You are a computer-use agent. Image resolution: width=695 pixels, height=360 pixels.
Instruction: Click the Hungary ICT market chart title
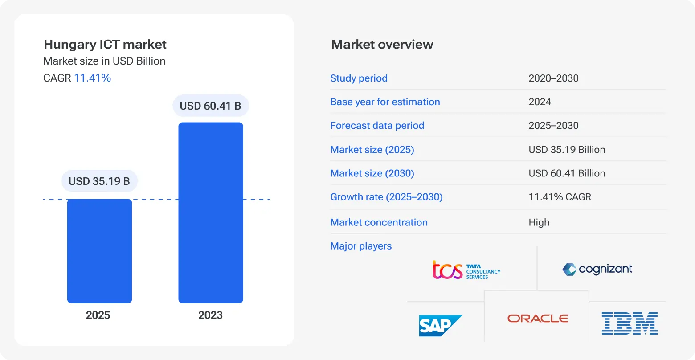click(105, 45)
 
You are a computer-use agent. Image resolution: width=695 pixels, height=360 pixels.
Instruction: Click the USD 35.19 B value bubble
click(99, 181)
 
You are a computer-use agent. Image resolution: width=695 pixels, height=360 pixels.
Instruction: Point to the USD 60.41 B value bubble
click(210, 106)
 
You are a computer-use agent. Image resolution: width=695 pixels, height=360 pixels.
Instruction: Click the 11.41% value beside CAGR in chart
click(93, 78)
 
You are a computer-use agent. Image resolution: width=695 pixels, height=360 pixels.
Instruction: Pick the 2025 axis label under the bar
click(98, 315)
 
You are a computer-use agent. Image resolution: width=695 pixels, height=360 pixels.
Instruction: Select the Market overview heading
click(382, 45)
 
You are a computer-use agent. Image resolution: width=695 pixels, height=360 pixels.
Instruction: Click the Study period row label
click(359, 78)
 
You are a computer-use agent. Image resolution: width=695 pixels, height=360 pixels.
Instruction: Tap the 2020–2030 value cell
click(553, 78)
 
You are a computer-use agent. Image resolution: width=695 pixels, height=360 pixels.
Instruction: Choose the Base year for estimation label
click(385, 102)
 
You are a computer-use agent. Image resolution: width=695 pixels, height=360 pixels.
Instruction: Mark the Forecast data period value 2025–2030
click(553, 126)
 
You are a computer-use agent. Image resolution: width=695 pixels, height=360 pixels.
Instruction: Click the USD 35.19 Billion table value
click(567, 150)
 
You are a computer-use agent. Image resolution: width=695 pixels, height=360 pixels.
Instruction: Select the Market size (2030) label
click(372, 173)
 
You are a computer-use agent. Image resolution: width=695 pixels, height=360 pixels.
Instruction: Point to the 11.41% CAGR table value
click(560, 197)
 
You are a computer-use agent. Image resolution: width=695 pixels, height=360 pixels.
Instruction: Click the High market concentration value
click(539, 222)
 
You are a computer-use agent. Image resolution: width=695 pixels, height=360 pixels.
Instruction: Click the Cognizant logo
click(597, 269)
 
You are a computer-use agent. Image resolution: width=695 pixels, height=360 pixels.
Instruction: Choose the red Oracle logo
click(538, 319)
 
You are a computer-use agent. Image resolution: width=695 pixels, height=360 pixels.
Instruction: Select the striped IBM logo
click(630, 323)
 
